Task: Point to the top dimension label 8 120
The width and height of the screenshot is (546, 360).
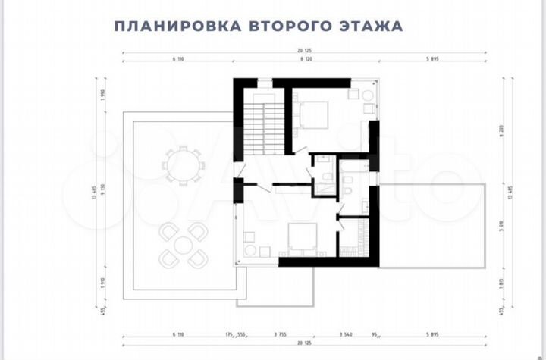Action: click(x=306, y=58)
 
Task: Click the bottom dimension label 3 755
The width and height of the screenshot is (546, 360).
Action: click(x=277, y=334)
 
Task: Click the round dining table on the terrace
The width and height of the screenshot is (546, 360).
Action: click(x=183, y=165)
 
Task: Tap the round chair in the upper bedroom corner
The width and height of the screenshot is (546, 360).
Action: click(x=368, y=95)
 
